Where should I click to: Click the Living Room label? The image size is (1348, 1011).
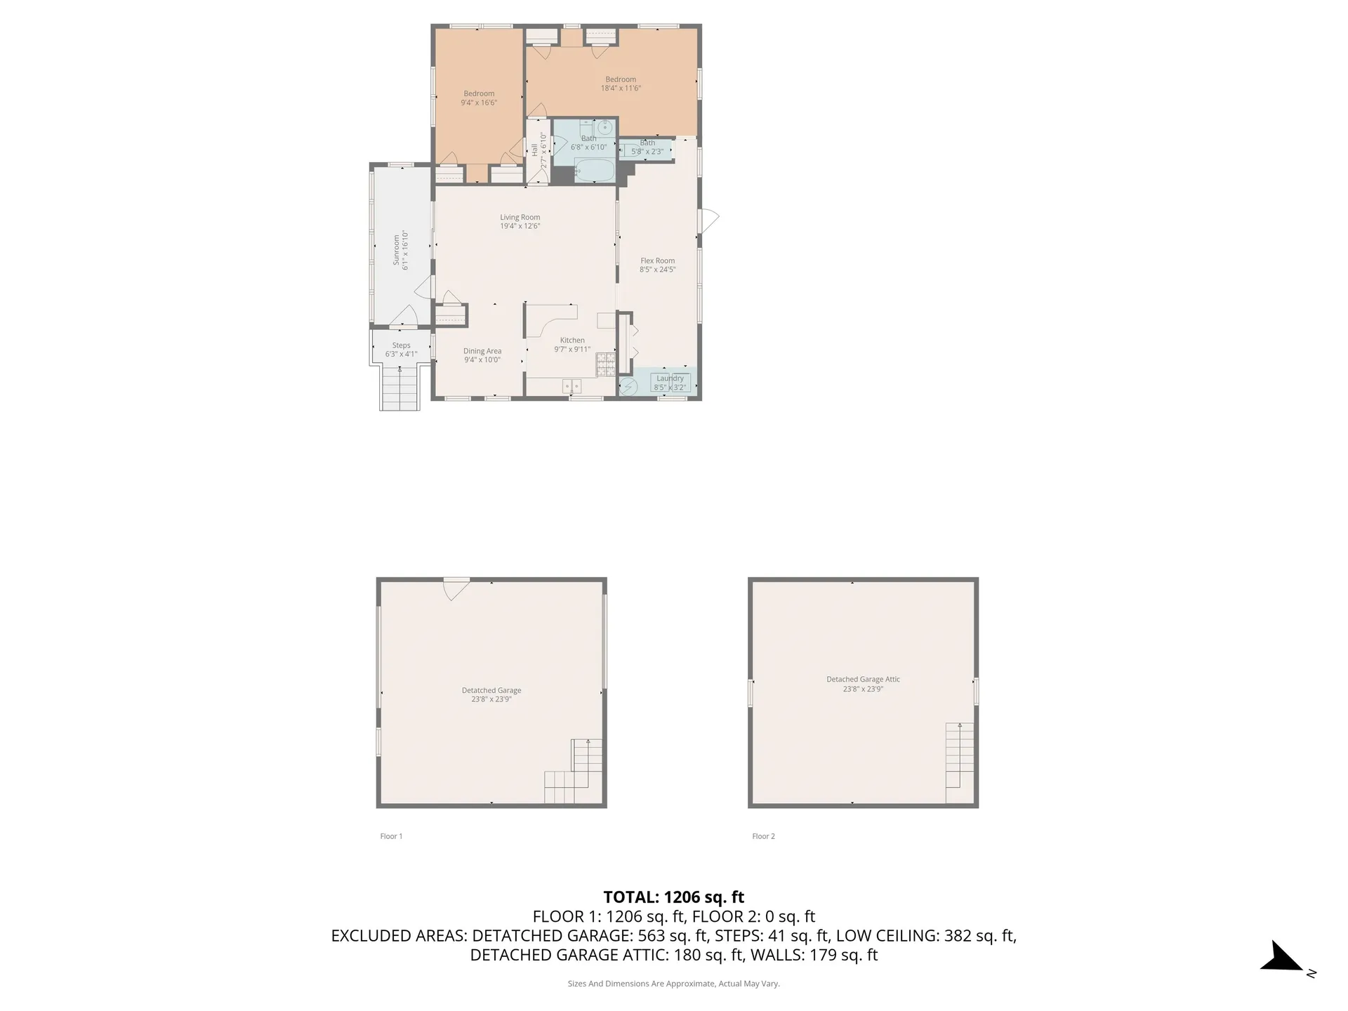[520, 218]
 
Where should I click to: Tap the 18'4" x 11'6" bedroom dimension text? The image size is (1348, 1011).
[621, 88]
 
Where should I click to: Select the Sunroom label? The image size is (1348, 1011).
[396, 251]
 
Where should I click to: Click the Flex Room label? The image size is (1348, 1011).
[657, 260]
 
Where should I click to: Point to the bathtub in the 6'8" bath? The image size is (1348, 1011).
[594, 171]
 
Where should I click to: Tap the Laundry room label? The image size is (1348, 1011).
[670, 378]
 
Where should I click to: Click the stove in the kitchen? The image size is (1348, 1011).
[605, 363]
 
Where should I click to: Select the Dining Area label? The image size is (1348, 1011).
[482, 351]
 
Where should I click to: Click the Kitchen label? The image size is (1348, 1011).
[572, 341]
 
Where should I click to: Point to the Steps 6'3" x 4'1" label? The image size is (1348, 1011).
[401, 350]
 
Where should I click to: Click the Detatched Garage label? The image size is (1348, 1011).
[491, 690]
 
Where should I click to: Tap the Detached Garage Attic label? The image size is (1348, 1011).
[863, 680]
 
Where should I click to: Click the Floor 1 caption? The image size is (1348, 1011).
[391, 836]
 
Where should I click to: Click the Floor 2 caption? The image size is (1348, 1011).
[763, 836]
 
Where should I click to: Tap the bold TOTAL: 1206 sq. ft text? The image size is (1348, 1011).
[673, 897]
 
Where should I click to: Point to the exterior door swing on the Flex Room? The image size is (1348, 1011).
[709, 220]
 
